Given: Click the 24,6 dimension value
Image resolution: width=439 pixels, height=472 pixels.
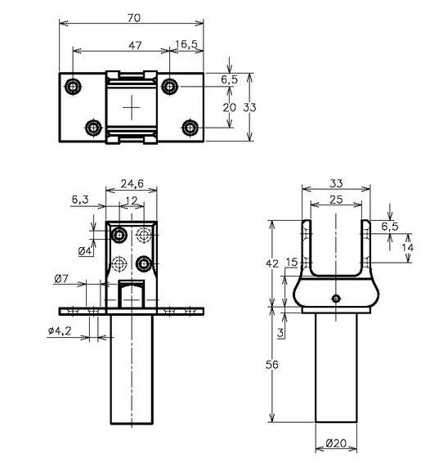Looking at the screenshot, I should click(x=132, y=185).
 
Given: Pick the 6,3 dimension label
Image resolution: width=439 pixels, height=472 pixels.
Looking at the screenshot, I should click(x=80, y=199).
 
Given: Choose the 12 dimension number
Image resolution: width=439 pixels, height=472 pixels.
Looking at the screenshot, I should click(x=132, y=201).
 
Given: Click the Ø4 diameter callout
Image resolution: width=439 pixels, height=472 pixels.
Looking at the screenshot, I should click(x=84, y=249).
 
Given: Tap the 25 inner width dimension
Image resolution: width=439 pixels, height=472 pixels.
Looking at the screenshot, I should click(x=335, y=200).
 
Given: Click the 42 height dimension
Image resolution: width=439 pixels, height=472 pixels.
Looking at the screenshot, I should click(x=273, y=263).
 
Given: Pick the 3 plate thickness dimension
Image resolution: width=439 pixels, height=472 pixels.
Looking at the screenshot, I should click(x=280, y=333).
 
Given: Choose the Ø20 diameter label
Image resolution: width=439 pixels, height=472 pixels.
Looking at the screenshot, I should click(x=337, y=444).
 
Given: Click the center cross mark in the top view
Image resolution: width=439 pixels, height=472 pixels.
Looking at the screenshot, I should click(x=132, y=107).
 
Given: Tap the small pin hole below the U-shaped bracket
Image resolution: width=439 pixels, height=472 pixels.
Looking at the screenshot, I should click(x=335, y=298).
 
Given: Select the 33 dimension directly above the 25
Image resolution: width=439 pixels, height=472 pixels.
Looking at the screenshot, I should click(x=335, y=184).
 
